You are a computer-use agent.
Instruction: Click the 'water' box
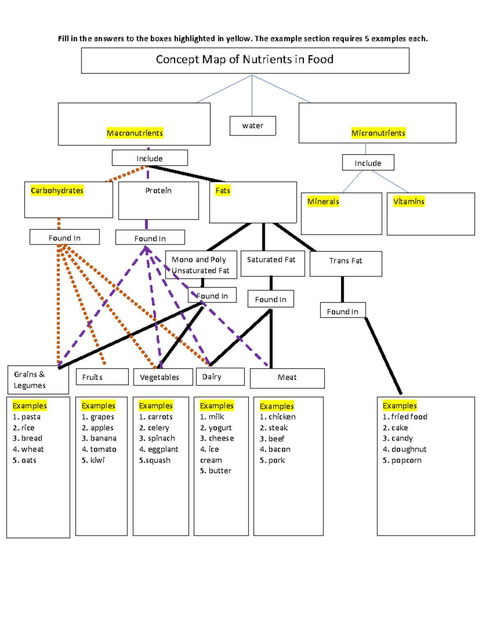click(x=253, y=126)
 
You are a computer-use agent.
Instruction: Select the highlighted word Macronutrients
click(x=135, y=133)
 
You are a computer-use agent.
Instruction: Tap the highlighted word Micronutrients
click(x=378, y=133)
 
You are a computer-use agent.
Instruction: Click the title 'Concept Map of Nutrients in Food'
click(x=245, y=60)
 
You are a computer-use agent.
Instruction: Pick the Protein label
click(x=159, y=191)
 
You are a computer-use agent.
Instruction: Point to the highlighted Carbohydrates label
click(x=57, y=191)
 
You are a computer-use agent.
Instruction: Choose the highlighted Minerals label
click(x=323, y=202)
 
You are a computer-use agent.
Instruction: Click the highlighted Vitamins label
click(x=408, y=202)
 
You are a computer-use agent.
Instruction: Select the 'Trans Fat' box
click(x=346, y=261)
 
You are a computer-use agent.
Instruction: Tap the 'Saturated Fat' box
click(x=271, y=260)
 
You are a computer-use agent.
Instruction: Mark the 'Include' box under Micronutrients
click(x=368, y=163)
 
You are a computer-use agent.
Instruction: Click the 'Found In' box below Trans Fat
click(x=343, y=311)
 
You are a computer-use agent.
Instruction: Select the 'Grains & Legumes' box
click(x=30, y=380)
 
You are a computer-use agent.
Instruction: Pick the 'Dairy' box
click(x=212, y=377)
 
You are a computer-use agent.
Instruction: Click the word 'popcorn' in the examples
click(x=406, y=461)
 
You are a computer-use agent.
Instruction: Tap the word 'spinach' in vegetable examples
click(x=161, y=438)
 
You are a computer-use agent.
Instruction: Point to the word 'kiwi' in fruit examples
click(x=97, y=461)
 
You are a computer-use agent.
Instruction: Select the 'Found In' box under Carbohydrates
click(x=65, y=238)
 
